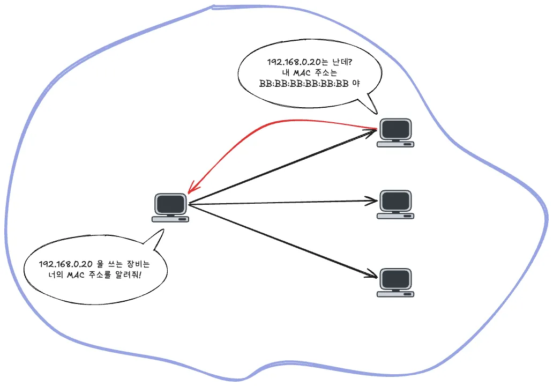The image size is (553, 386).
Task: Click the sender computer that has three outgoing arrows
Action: click(170, 207)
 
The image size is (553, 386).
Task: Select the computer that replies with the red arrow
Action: click(395, 132)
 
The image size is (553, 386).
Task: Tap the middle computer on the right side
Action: click(395, 205)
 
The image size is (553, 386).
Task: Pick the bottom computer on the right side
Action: click(395, 283)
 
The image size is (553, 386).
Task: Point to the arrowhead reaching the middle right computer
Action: click(372, 201)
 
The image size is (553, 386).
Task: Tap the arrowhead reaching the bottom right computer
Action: click(372, 274)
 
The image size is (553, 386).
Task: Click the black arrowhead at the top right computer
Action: click(371, 132)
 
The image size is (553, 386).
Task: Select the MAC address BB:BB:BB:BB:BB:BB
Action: click(304, 84)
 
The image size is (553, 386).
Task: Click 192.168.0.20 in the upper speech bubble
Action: click(294, 62)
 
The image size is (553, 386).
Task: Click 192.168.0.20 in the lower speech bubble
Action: click(65, 264)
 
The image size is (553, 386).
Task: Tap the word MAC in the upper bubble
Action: click(302, 73)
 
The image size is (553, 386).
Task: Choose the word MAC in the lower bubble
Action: click(76, 274)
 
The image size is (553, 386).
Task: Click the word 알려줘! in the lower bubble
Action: click(128, 274)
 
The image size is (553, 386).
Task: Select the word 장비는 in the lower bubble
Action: click(138, 264)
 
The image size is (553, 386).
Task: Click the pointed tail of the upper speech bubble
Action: click(376, 113)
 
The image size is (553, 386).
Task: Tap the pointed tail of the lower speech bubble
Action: click(163, 230)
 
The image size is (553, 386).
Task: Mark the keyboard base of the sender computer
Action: click(170, 219)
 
